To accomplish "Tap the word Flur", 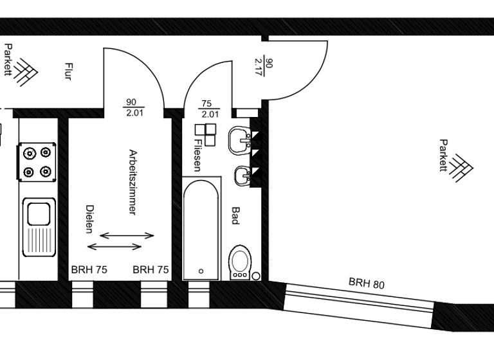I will (68, 71).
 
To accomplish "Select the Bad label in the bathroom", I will (235, 215).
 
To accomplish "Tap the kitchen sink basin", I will (37, 212).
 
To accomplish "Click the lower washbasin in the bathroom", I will (243, 175).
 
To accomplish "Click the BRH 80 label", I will (367, 283).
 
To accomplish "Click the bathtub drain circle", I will (200, 271).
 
